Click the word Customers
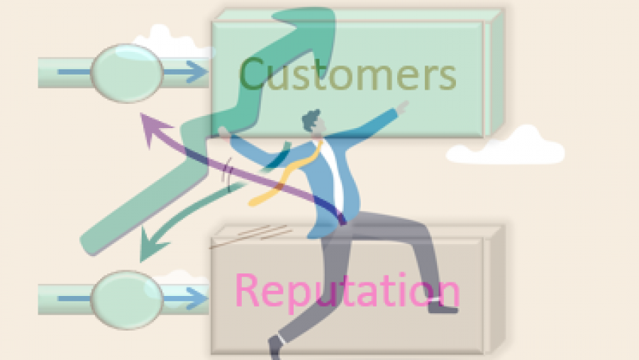(x=347, y=75)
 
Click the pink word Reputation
(x=347, y=291)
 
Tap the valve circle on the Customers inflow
(x=127, y=73)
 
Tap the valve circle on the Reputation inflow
(x=127, y=299)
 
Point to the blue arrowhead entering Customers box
(x=197, y=73)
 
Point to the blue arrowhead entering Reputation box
(x=197, y=300)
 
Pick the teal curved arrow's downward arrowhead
(x=148, y=245)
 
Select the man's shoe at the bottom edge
(x=274, y=348)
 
